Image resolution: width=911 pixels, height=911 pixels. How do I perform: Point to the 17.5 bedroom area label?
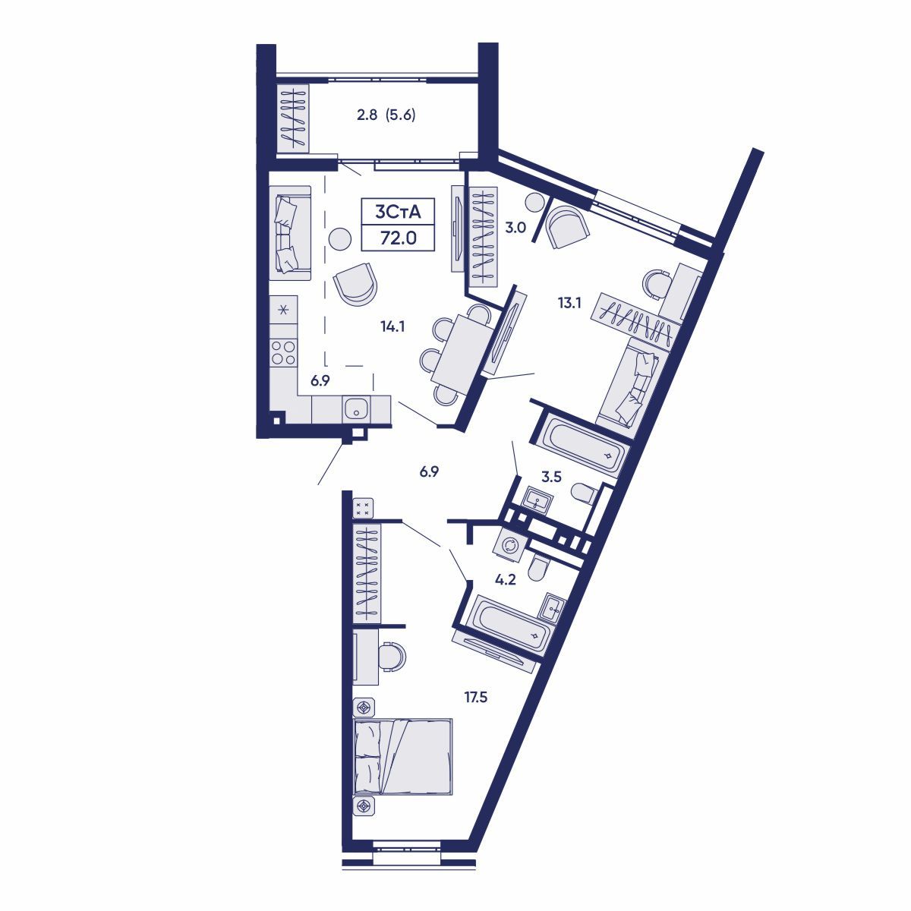click(x=476, y=697)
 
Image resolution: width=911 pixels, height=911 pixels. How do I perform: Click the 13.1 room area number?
click(x=569, y=303)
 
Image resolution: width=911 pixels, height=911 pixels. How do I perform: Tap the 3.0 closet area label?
click(x=516, y=227)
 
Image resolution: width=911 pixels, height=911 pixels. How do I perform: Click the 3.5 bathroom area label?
click(x=551, y=477)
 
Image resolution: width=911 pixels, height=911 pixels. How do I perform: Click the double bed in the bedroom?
click(x=403, y=757)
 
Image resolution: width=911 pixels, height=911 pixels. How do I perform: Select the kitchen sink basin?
click(x=355, y=409)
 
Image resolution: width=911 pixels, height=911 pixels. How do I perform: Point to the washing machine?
click(x=510, y=544)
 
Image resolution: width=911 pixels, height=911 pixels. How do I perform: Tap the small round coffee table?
click(x=340, y=238)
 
